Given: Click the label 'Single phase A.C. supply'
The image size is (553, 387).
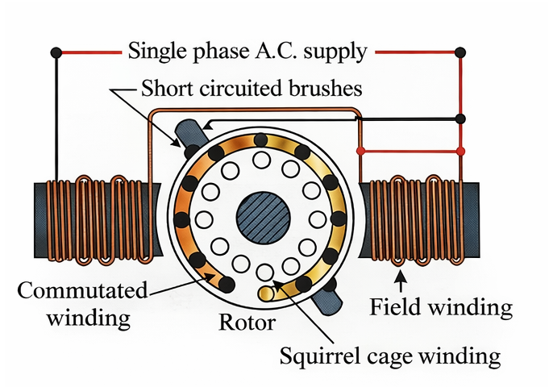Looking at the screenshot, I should pyautogui.click(x=247, y=52).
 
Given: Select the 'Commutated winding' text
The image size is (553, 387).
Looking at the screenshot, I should pyautogui.click(x=83, y=304).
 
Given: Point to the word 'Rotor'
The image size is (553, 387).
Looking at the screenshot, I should pyautogui.click(x=247, y=323).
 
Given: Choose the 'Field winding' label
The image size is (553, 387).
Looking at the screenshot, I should pyautogui.click(x=440, y=307).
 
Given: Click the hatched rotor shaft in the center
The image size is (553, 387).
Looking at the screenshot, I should pyautogui.click(x=263, y=218).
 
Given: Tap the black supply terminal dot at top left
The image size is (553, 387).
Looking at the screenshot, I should pyautogui.click(x=56, y=52).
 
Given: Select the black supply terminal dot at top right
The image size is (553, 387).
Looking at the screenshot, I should pyautogui.click(x=460, y=52).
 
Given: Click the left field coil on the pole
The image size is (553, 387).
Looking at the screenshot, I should pyautogui.click(x=98, y=219).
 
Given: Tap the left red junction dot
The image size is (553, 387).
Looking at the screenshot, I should pyautogui.click(x=360, y=151).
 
